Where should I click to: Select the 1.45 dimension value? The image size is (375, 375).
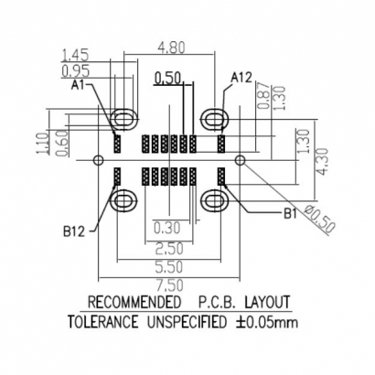point(76,55)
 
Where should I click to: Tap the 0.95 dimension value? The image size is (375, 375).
point(76,70)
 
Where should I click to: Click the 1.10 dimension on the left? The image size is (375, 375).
point(41,145)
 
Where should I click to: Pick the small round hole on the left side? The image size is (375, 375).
point(97,160)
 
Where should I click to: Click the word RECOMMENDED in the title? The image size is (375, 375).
point(133,302)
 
